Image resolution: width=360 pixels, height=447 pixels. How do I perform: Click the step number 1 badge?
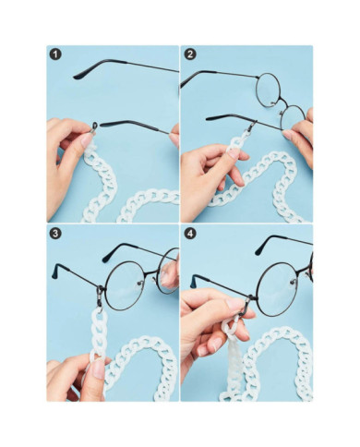pos(55,54)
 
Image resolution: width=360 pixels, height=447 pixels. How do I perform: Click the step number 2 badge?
pos(190,54)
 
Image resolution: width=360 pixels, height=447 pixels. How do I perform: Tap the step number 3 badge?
pos(55,235)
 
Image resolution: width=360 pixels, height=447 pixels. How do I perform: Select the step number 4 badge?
pos(190,235)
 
